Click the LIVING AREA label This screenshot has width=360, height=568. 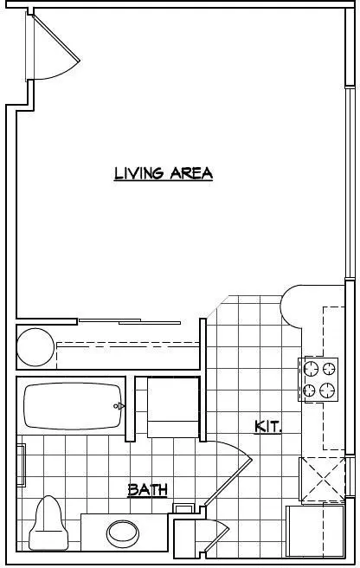tap(164, 173)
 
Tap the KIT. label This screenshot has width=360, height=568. tap(268, 426)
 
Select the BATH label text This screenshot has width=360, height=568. tap(147, 490)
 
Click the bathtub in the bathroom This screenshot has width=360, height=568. tap(74, 406)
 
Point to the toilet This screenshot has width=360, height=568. tap(48, 523)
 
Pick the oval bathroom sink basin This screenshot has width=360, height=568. tap(123, 533)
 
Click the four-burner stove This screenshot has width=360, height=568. tap(318, 379)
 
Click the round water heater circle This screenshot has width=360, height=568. tap(35, 347)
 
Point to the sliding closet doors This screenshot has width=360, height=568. tap(130, 321)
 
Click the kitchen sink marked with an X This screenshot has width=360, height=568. tap(322, 480)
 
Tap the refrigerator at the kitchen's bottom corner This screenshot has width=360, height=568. tap(315, 531)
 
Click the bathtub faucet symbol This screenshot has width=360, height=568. tap(119, 406)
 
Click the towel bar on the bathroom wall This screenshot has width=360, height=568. tap(22, 465)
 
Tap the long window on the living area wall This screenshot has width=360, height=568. tap(350, 182)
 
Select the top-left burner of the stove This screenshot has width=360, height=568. tap(311, 369)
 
